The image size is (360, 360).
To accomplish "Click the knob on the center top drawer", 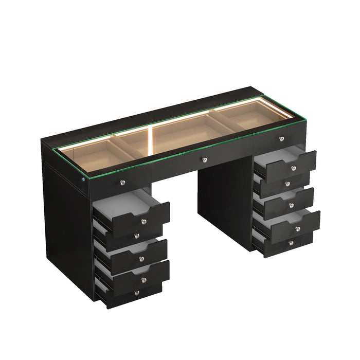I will point(205,160).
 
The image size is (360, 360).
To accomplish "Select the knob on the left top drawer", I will point(122,182).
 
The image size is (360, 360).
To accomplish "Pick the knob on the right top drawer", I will point(281,138).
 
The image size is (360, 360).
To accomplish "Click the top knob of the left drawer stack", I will point(143,222).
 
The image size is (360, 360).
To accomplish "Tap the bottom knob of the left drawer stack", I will point(136,292).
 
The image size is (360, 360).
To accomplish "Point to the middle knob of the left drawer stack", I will point(140,258).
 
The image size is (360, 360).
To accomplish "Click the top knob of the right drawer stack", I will point(294,169).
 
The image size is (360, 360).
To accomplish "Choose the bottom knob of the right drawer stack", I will point(291,243).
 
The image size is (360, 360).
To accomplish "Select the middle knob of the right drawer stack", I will point(291,205).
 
